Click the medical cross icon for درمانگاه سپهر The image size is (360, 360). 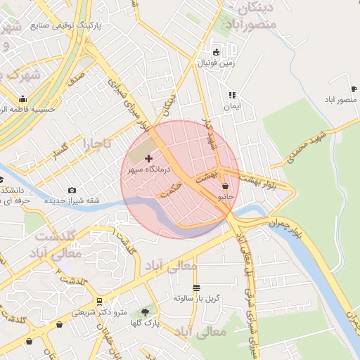coord(148,159)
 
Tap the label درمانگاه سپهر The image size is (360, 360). coord(144,170)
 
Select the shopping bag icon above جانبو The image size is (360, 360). coord(225,186)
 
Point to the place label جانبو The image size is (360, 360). coord(225,198)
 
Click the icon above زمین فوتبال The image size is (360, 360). coord(215,52)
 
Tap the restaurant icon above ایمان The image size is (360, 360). coord(232,95)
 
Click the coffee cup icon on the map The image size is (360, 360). coord(353,89)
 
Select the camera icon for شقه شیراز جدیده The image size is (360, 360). coord(72,190)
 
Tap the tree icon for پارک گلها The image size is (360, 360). coord(145,311)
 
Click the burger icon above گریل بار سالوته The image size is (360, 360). coord(196,287)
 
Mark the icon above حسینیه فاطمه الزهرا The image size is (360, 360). coord(23,99)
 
